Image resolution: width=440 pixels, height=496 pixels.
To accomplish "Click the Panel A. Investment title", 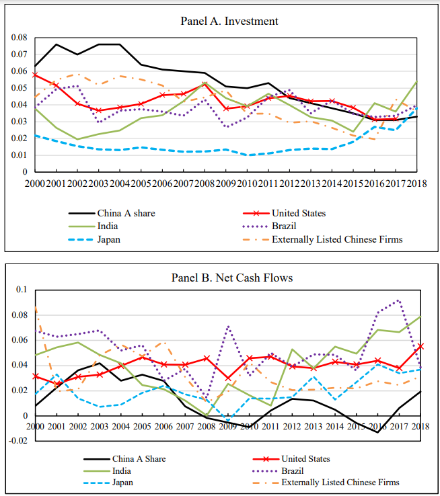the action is pyautogui.click(x=229, y=22).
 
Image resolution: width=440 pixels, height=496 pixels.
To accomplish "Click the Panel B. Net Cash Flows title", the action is pyautogui.click(x=232, y=278).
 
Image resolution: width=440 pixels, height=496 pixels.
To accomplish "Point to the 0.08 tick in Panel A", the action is pyautogui.click(x=20, y=38).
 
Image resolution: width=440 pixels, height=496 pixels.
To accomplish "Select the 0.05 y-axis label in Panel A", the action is pyautogui.click(x=20, y=88).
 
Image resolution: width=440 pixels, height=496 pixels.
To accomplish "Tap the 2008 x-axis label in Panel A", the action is pyautogui.click(x=205, y=183).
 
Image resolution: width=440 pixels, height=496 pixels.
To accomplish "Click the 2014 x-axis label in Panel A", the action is pyautogui.click(x=332, y=183).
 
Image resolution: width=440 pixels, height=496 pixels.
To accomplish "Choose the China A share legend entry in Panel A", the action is pyautogui.click(x=112, y=213).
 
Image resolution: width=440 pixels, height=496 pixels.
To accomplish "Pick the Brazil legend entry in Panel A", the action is pyautogui.click(x=269, y=226).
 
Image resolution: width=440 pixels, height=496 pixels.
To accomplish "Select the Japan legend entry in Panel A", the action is pyautogui.click(x=94, y=239).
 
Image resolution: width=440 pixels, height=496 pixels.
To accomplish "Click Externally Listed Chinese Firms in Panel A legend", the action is pyautogui.click(x=322, y=239).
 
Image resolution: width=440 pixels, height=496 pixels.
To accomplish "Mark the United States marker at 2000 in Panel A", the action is pyautogui.click(x=35, y=75).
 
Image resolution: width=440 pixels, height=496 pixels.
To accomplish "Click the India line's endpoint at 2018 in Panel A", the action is pyautogui.click(x=417, y=81).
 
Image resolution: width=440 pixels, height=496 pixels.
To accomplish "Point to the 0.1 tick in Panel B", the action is pyautogui.click(x=22, y=290).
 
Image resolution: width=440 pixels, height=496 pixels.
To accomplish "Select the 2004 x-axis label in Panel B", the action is pyautogui.click(x=120, y=426).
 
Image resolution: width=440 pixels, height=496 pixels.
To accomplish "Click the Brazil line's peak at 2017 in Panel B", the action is pyautogui.click(x=398, y=300).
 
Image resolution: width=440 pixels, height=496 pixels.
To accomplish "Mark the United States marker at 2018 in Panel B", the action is pyautogui.click(x=420, y=346).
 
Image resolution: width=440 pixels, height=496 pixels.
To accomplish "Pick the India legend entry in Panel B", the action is pyautogui.click(x=108, y=471).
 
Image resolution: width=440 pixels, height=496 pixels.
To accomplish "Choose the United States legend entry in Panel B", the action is pyautogui.click(x=291, y=459).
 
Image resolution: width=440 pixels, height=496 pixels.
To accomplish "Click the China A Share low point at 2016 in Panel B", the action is pyautogui.click(x=377, y=432).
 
